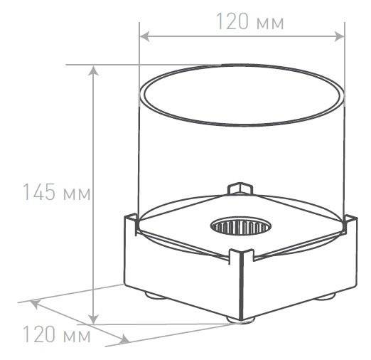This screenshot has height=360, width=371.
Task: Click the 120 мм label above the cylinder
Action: pyautogui.click(x=250, y=21)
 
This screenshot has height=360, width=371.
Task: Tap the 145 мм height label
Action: pyautogui.click(x=56, y=191)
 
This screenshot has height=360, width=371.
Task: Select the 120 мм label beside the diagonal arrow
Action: pyautogui.click(x=57, y=334)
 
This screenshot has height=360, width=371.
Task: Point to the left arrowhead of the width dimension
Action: pyautogui.click(x=144, y=36)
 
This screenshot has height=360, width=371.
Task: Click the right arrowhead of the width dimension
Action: pyautogui.click(x=339, y=36)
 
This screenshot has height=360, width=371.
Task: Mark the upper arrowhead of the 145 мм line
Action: pyautogui.click(x=94, y=70)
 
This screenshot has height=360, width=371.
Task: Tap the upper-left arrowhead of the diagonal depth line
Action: pyautogui.click(x=35, y=304)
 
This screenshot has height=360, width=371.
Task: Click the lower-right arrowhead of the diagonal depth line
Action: pyautogui.click(x=124, y=339)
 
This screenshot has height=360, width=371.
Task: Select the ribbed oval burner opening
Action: pyautogui.click(x=241, y=226)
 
